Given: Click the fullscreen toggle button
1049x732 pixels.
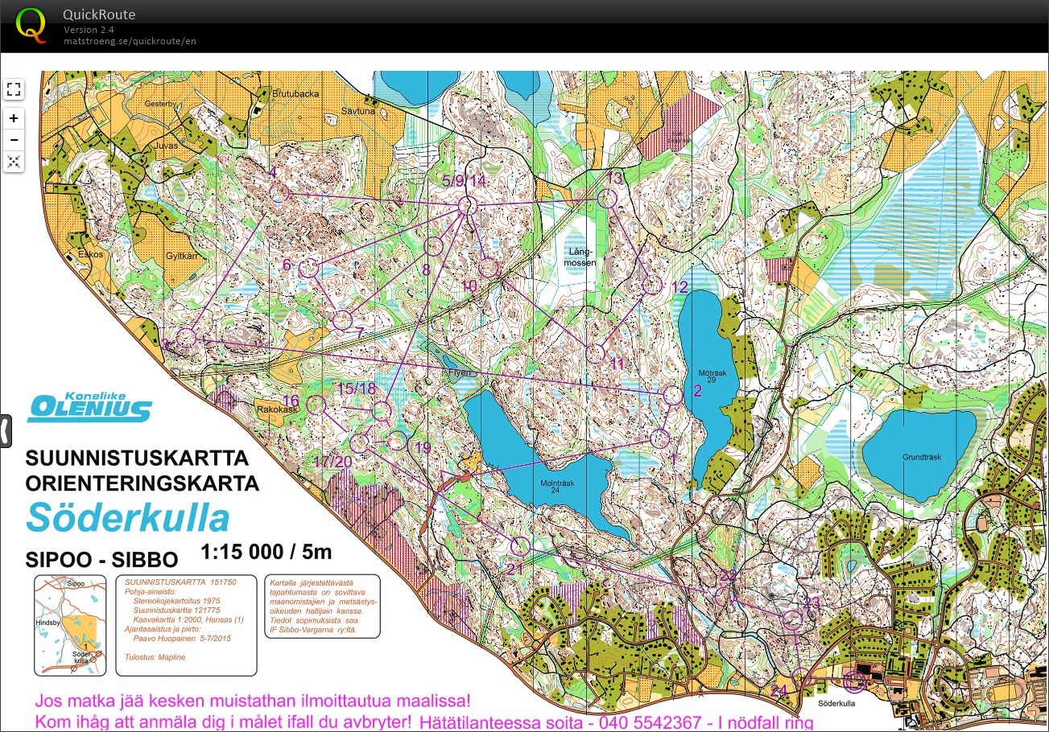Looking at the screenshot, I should click(x=14, y=89).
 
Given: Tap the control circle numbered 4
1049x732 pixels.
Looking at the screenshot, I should click(x=279, y=193).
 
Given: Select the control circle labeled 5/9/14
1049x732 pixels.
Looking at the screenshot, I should click(x=467, y=207).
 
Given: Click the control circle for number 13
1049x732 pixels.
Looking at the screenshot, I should click(x=607, y=198).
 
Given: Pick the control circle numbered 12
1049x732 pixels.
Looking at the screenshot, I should click(x=653, y=285).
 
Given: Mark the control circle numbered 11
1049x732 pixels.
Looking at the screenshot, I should click(x=595, y=352).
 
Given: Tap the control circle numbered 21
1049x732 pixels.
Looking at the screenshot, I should click(x=520, y=546).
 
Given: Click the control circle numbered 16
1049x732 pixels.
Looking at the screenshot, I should click(x=316, y=405).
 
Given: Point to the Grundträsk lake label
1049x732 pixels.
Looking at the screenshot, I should click(x=921, y=458).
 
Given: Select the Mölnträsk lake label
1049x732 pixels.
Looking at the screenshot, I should click(x=556, y=487).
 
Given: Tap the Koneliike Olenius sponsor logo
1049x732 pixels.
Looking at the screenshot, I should click(x=89, y=406).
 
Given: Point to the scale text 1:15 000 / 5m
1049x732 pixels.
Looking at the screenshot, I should click(x=266, y=553).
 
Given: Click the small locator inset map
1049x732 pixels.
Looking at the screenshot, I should click(x=70, y=625).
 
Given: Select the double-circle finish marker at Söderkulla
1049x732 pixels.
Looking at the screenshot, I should click(x=854, y=682).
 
